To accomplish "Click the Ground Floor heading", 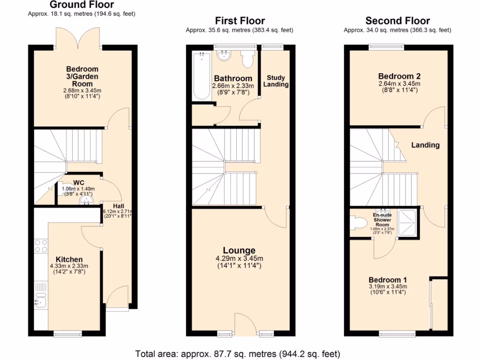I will click(x=82, y=5).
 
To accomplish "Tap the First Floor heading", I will click(x=240, y=21).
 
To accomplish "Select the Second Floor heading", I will click(x=397, y=21).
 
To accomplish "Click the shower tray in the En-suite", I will click(x=408, y=222).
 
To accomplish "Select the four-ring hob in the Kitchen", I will click(x=41, y=246).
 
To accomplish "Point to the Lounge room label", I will click(x=239, y=250).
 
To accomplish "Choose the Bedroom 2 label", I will click(x=399, y=76).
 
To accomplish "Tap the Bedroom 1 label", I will click(x=384, y=280).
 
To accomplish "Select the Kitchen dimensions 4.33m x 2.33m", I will click(x=69, y=266).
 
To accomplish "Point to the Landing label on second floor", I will click(x=425, y=145).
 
